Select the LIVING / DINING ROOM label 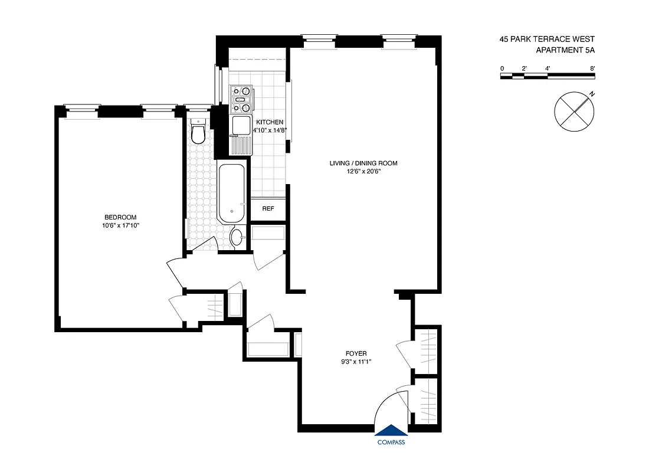pyautogui.click(x=363, y=163)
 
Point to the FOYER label pyautogui.click(x=357, y=353)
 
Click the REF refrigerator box pyautogui.click(x=268, y=208)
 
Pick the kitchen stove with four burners pyautogui.click(x=241, y=99)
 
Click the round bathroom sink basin pyautogui.click(x=236, y=238)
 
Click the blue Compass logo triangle pyautogui.click(x=391, y=431)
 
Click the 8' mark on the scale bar pyautogui.click(x=592, y=68)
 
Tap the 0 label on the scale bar pyautogui.click(x=502, y=68)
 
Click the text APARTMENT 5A pyautogui.click(x=565, y=50)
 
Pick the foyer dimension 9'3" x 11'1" pyautogui.click(x=357, y=362)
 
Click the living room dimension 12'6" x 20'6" pyautogui.click(x=363, y=172)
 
